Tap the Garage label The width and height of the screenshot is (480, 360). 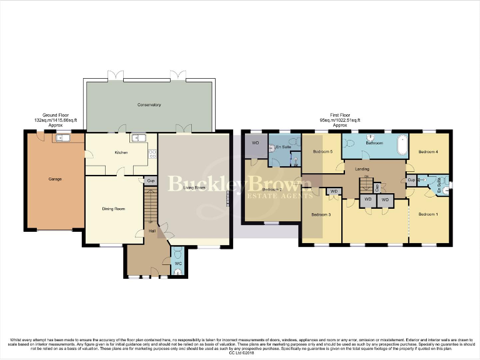55,179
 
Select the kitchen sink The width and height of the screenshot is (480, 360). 139,138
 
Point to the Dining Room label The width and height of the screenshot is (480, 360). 114,209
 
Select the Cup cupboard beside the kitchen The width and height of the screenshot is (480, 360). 151,181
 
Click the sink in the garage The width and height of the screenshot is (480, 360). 63,138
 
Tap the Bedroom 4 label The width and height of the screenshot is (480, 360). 429,152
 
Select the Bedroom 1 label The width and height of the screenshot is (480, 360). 428,214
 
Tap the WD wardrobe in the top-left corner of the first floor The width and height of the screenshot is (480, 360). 255,143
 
